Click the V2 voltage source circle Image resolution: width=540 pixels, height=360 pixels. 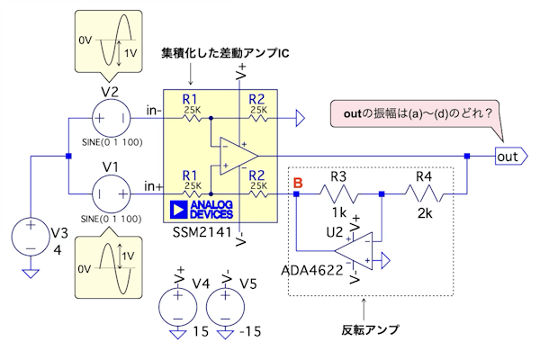pos(109,117)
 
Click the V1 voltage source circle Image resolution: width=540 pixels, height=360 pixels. pos(109,192)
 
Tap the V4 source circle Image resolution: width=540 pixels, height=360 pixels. pos(177,305)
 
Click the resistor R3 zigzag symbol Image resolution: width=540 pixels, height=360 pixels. pos(338,193)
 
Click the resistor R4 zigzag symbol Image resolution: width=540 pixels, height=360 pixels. pos(424,193)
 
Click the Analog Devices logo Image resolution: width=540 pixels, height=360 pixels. pos(201,210)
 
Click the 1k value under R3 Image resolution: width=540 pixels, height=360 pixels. pos(338,213)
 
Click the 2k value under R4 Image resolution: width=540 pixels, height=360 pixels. pos(424,213)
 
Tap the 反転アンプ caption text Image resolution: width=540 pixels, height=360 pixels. pos(370,329)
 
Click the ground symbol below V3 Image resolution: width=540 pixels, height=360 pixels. pos(31,274)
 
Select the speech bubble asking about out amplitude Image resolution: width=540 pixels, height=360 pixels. pos(417,114)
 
